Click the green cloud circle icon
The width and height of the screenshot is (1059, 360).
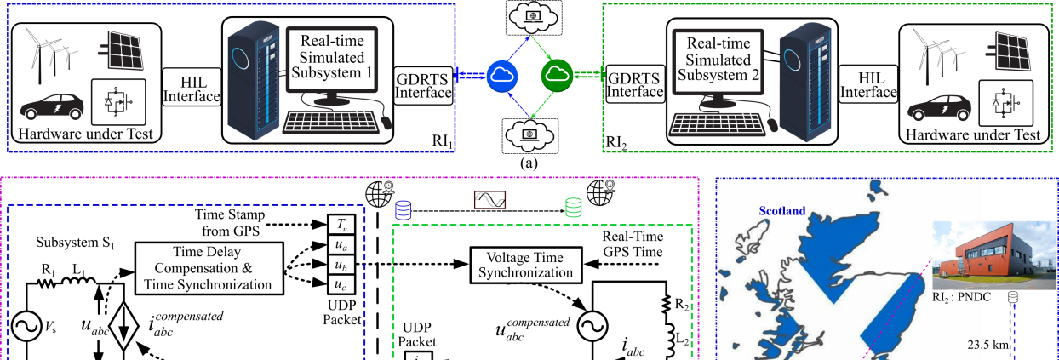[x=557, y=77]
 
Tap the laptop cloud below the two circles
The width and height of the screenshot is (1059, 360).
[x=529, y=134]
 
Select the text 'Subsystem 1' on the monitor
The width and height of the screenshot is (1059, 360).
[x=332, y=73]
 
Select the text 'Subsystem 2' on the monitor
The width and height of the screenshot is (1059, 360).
[x=718, y=75]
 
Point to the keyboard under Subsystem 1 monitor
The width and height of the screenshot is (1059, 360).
[x=332, y=121]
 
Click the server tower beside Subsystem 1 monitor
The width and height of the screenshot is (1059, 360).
[x=253, y=80]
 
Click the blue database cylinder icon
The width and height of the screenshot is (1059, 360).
[x=404, y=209]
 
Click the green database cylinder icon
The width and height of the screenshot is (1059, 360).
[x=574, y=207]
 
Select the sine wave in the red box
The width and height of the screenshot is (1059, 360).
[x=489, y=200]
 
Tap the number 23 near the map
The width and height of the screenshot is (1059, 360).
[x=975, y=345]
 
